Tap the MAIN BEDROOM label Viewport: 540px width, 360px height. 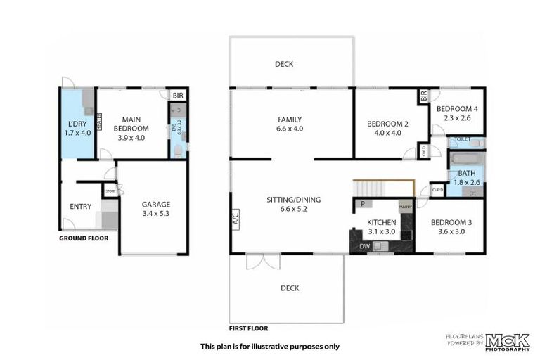click(130, 128)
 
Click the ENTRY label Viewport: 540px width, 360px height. click(81, 206)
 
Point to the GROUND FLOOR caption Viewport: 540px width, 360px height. click(84, 238)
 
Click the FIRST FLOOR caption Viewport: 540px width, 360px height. click(248, 328)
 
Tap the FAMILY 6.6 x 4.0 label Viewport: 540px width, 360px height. click(290, 124)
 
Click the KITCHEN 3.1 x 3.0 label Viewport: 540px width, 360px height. click(382, 227)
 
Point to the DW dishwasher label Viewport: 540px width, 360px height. click(364, 246)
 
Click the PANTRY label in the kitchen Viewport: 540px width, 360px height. click(405, 207)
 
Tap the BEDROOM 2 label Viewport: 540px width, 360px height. click(387, 128)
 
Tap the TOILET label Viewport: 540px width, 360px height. click(463, 139)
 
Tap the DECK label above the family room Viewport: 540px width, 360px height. click(284, 64)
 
